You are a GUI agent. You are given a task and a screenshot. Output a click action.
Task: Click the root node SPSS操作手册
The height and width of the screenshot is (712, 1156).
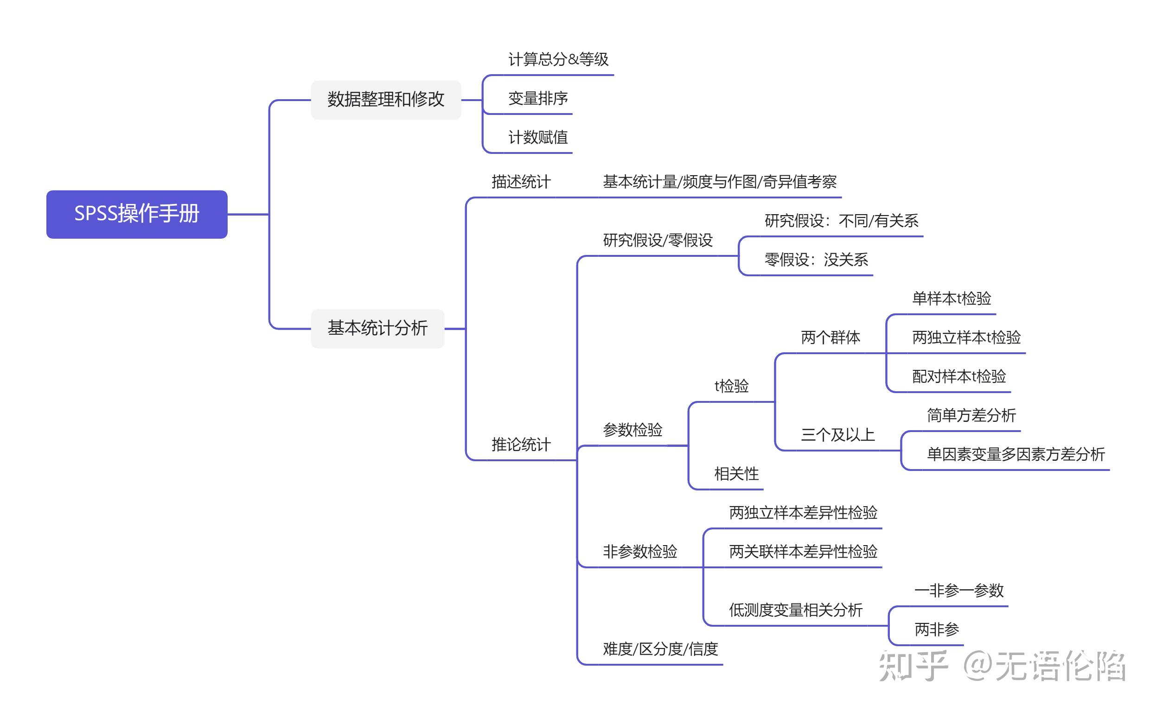coord(137,214)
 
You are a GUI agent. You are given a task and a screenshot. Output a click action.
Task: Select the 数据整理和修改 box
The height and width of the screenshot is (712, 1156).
coord(385,99)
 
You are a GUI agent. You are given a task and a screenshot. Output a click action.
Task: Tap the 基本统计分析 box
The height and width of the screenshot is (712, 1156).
coord(377,328)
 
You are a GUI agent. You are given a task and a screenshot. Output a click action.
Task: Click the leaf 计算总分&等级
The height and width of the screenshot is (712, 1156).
coord(558,59)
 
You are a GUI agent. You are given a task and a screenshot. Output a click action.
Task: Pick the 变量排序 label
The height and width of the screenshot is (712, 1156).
coord(537,98)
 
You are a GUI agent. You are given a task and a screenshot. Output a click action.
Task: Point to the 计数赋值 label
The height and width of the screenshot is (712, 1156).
coord(537,138)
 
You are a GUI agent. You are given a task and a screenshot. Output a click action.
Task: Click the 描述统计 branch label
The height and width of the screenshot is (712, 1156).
coord(521,182)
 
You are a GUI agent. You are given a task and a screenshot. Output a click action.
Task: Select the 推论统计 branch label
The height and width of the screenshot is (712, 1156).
coord(521,444)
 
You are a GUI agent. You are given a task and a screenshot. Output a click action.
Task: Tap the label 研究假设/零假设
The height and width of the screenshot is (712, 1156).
coord(658,240)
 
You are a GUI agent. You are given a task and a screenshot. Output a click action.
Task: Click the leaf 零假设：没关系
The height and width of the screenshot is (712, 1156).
coord(816,260)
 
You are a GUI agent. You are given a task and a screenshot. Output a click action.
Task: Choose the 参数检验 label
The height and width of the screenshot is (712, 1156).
coord(632,429)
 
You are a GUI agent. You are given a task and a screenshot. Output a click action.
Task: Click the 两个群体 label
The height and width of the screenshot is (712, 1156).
coord(830,337)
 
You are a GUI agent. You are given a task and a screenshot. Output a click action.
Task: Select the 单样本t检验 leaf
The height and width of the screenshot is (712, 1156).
coord(951,298)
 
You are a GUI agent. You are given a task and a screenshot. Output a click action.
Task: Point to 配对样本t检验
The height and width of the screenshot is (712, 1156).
coord(958,376)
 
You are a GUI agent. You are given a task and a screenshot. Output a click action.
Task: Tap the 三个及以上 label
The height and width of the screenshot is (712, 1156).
coord(837,435)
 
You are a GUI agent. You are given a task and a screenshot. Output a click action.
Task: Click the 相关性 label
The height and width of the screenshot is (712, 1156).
coord(736,474)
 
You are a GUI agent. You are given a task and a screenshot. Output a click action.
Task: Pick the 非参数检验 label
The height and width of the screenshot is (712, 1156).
coord(640,552)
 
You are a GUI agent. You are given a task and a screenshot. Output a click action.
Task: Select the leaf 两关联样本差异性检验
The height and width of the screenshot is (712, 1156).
coord(803,552)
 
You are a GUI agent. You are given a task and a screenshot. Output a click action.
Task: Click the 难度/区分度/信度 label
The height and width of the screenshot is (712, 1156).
coord(660,649)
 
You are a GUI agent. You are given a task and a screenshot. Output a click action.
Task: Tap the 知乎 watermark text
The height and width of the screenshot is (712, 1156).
coord(913,665)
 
